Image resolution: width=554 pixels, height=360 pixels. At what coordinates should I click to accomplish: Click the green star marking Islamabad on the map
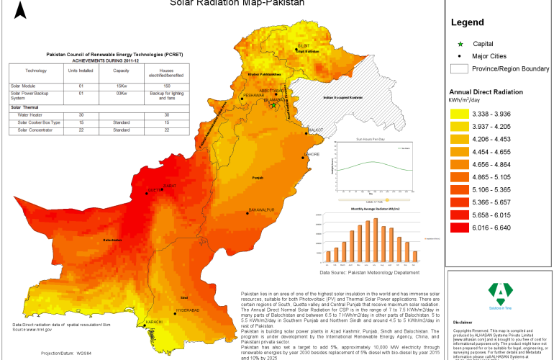point(273,105)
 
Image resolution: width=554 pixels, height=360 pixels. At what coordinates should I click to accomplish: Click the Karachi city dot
point(145,325)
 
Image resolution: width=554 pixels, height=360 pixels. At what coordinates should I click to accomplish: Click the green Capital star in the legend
point(459,44)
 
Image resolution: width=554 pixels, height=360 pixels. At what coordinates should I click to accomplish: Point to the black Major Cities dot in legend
point(459,55)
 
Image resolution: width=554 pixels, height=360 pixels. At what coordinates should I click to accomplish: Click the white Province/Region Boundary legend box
point(459,69)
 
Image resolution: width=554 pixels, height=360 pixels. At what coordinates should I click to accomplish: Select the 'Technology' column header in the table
point(35,71)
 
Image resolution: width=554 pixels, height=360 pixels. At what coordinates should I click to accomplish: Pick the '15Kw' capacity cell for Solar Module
point(121,85)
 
